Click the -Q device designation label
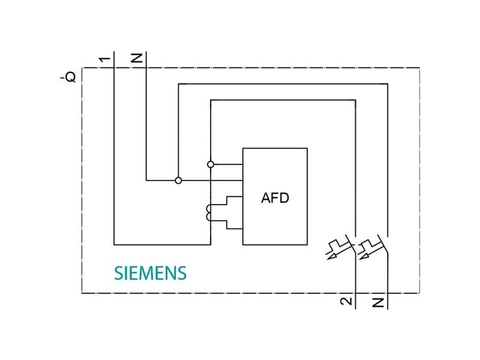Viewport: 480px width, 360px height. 68,77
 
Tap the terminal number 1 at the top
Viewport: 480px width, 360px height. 104,59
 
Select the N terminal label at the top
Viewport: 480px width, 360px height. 137,58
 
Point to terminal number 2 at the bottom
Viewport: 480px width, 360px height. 346,301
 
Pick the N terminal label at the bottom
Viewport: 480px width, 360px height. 379,303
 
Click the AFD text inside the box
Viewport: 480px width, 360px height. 275,198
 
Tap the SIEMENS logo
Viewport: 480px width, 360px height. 150,273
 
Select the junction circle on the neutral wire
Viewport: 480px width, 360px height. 178,181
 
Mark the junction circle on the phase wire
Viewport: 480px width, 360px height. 211,164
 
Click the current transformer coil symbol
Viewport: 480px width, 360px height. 208,212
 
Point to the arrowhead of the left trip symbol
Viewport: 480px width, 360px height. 331,256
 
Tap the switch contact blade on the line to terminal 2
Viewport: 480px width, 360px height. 350,244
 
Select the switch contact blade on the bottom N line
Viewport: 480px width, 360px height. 383,244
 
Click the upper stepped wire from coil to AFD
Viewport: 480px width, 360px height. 227,200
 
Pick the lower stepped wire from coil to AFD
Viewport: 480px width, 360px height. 227,224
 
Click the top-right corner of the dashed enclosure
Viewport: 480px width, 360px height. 419,68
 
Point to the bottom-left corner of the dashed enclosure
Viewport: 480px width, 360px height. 82,293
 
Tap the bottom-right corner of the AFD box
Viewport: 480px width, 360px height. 307,245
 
